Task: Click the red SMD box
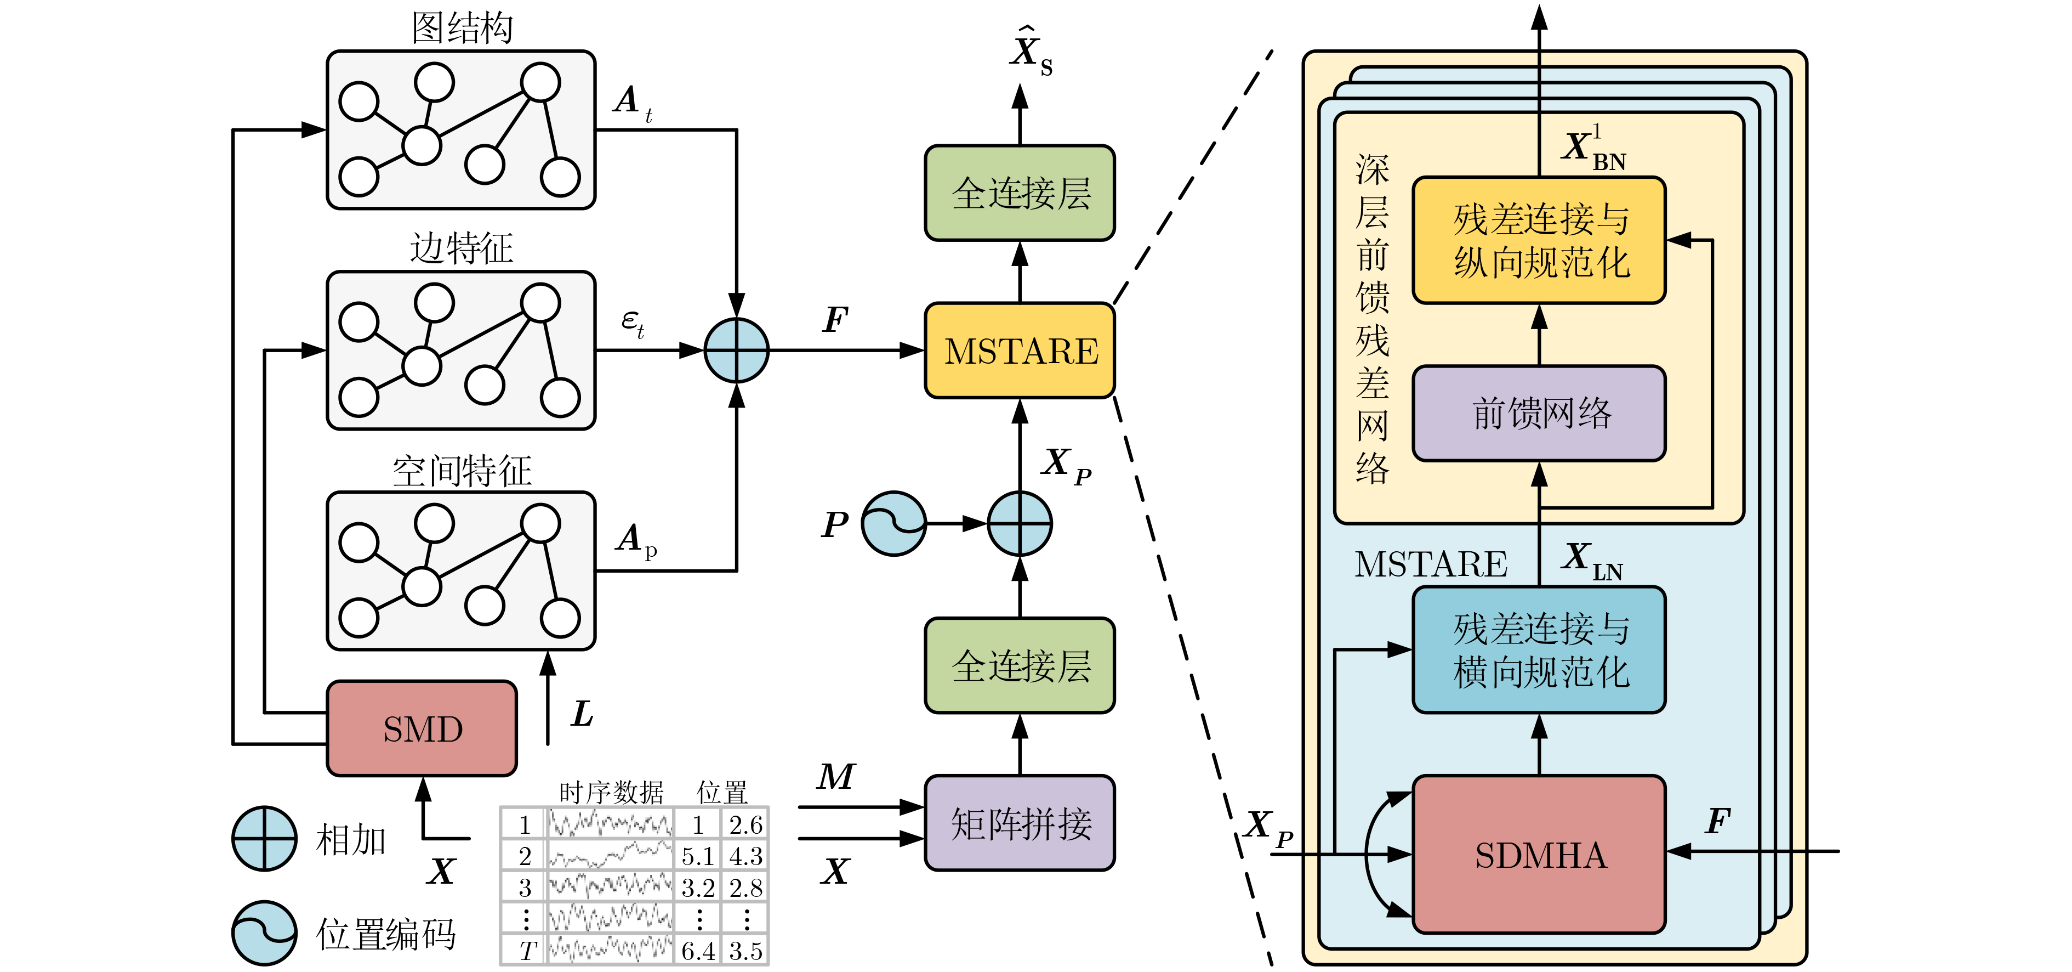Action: (422, 729)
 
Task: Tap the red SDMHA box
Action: (1539, 855)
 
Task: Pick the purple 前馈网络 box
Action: (1539, 414)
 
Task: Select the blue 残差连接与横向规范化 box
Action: (1539, 650)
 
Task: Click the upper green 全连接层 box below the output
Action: (1020, 193)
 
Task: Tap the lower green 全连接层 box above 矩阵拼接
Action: (1020, 665)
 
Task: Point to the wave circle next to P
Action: (893, 524)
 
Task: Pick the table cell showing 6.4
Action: (697, 950)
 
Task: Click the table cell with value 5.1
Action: (697, 855)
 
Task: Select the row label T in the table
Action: (526, 950)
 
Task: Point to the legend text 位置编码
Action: (386, 934)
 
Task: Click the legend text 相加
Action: (351, 839)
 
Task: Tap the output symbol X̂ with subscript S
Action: (1029, 52)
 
